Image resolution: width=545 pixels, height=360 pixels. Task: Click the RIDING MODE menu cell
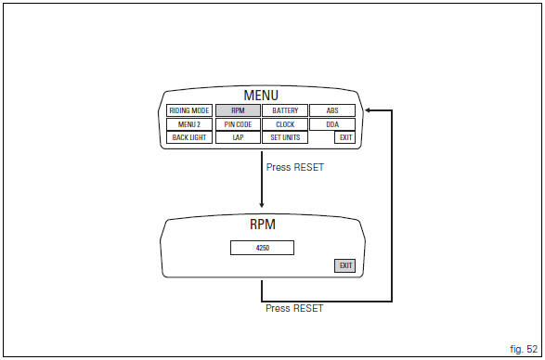pos(189,110)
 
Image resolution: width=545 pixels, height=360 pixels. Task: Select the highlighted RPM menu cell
pos(238,110)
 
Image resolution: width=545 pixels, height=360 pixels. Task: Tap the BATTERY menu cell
pos(285,110)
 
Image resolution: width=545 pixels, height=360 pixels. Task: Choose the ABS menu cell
pos(332,110)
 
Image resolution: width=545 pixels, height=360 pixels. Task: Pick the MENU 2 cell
pos(189,124)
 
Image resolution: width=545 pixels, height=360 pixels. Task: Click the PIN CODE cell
pos(238,124)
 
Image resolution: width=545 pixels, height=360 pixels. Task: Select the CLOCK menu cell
pos(285,124)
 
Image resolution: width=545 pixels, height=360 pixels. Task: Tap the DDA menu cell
pos(332,124)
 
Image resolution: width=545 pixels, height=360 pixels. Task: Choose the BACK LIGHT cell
pos(189,137)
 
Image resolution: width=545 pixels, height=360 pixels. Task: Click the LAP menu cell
pos(238,137)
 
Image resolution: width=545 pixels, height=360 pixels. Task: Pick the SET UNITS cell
pos(285,137)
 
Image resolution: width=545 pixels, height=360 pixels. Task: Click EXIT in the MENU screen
pos(345,137)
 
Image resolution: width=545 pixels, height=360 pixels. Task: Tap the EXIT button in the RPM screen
pos(345,265)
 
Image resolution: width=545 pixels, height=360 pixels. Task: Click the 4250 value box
pos(262,248)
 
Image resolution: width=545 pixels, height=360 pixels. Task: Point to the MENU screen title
pos(261,96)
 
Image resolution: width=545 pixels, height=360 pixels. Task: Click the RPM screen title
pos(263,225)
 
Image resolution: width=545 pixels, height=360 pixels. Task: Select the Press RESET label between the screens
pos(294,168)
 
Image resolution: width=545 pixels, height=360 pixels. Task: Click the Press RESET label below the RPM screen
pos(294,308)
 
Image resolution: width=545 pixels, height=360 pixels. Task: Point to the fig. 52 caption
pos(523,347)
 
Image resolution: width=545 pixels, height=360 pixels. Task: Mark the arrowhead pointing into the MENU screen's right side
pos(370,110)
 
